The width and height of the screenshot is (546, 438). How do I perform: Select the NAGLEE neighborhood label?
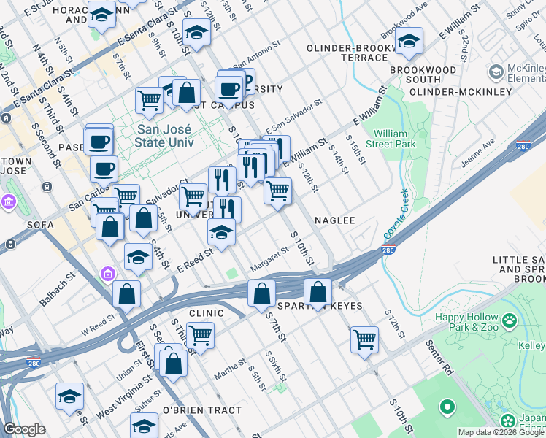334,220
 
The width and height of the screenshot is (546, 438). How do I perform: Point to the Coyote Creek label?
395,214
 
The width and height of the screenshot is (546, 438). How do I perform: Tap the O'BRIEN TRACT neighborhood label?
201,410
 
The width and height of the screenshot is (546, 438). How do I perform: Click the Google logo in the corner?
24,429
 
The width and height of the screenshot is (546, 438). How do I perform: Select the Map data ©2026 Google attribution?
501,432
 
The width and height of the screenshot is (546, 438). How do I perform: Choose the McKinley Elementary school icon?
497,71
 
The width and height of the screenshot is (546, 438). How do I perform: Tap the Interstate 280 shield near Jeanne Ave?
523,145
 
